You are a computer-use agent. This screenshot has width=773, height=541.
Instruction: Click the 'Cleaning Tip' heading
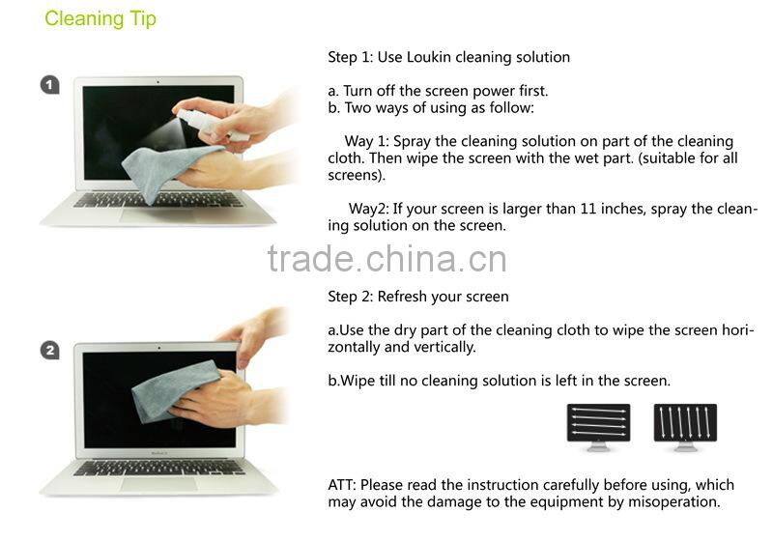[100, 19]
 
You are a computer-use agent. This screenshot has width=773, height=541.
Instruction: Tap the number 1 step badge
[50, 86]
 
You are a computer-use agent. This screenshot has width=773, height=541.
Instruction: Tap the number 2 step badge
[50, 351]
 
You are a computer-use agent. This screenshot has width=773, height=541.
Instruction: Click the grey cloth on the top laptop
[169, 169]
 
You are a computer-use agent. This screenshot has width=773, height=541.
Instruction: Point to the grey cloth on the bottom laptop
[174, 391]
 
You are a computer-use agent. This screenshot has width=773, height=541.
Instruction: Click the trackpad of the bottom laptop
[159, 481]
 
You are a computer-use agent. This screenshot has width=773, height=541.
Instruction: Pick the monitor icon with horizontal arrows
[598, 425]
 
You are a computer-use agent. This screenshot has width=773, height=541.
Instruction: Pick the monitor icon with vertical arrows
[685, 425]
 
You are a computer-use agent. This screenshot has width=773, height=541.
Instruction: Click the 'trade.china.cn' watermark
[386, 258]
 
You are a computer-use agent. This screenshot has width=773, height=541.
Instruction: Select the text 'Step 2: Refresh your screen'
[418, 297]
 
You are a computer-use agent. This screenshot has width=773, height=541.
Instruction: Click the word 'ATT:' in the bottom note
[344, 485]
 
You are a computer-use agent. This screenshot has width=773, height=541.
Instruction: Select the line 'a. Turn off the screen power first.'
[439, 91]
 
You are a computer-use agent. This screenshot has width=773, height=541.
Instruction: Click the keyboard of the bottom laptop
[159, 466]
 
